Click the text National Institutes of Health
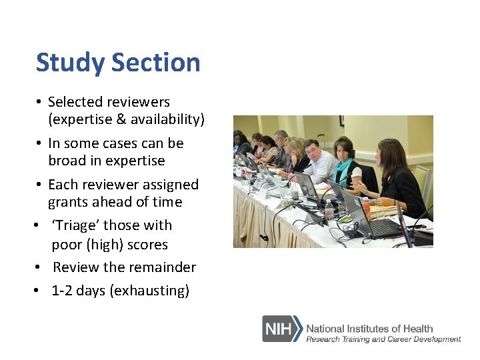[x=369, y=329]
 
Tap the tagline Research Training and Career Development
[x=383, y=339]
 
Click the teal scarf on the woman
[x=345, y=164]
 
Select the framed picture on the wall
[x=341, y=121]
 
